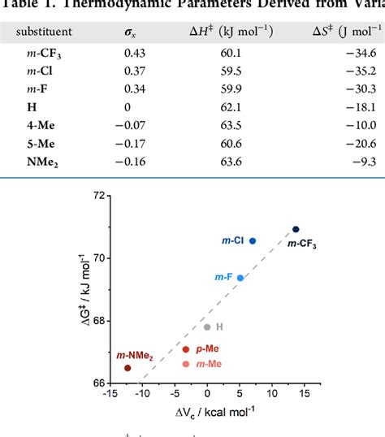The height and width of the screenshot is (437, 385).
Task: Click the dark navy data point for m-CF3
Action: [x=296, y=230]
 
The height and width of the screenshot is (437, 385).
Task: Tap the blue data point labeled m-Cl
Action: [x=253, y=241]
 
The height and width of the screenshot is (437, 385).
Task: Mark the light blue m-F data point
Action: [x=240, y=278]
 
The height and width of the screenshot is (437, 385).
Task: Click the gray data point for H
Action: [x=207, y=327]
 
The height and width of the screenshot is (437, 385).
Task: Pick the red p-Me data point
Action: [x=186, y=349]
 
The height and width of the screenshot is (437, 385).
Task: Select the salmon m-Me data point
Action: [x=186, y=364]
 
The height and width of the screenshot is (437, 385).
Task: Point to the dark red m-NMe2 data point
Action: [x=128, y=368]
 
